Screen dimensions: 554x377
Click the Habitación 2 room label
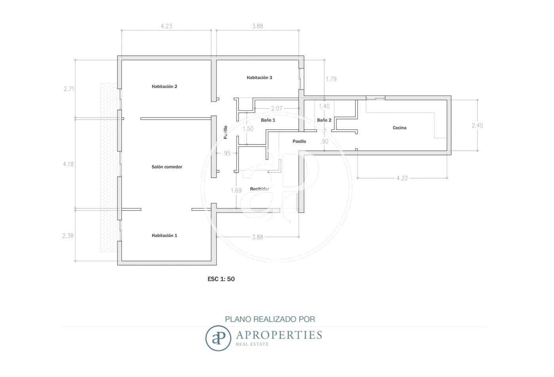coord(165,86)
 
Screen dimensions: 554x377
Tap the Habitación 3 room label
coord(259,78)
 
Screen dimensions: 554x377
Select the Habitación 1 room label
coord(165,235)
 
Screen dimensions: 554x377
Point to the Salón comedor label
coord(167,167)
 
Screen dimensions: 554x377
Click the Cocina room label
coord(399,128)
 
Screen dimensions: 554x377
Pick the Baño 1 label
coord(268,120)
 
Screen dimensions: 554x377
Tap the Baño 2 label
coord(324,120)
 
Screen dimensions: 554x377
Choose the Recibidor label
coord(260,189)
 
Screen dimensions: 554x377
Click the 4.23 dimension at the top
coord(167,26)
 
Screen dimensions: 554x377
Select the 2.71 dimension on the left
coord(69,89)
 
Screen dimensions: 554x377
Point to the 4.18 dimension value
coord(68,164)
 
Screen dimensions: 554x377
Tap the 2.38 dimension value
coord(68,236)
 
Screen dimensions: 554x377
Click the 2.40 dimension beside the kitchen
coord(477,126)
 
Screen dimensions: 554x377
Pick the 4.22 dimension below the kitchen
coord(402,178)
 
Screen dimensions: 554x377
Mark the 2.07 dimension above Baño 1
coord(277,109)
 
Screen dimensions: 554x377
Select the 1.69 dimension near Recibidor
coord(236,190)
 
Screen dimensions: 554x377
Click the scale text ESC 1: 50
coord(221,279)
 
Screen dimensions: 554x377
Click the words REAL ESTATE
coord(252,344)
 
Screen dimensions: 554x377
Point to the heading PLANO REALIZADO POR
coord(270,319)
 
